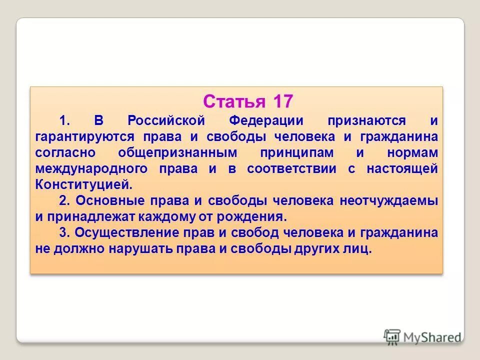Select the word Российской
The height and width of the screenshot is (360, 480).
click(x=166, y=120)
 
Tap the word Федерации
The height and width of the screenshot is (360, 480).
click(x=266, y=120)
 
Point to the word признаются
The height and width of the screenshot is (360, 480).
click(x=366, y=120)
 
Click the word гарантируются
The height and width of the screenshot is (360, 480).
click(x=77, y=136)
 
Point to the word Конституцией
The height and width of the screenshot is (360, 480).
click(x=84, y=184)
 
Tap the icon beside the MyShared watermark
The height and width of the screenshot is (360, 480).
click(x=392, y=336)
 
